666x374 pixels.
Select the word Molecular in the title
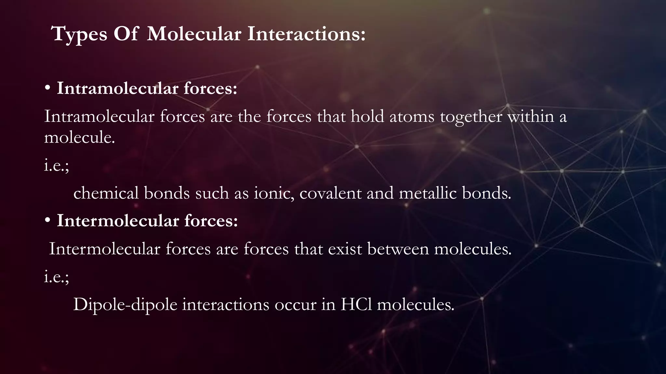(194, 34)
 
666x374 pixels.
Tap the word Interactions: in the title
(306, 34)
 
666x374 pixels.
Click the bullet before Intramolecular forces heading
(48, 88)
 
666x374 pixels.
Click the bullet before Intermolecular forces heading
(48, 221)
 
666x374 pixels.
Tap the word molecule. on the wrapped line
(80, 138)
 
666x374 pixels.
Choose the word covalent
(330, 193)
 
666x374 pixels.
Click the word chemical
(106, 193)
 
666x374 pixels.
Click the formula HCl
(356, 305)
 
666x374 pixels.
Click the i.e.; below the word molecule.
(57, 166)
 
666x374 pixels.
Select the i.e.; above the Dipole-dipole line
(57, 277)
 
